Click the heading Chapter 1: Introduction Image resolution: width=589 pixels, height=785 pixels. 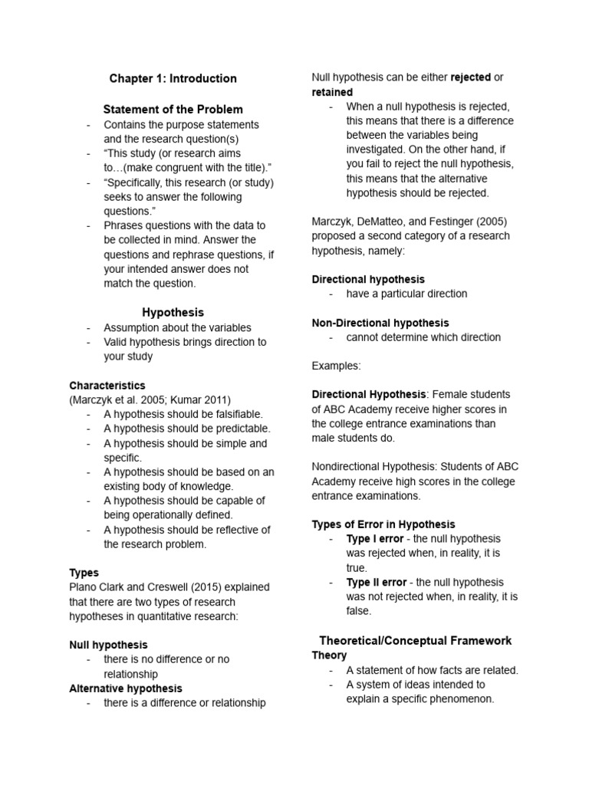point(173,78)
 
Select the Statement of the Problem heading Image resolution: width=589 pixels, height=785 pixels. point(173,109)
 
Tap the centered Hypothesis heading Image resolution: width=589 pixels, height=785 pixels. point(173,312)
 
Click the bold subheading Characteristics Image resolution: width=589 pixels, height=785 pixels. point(107,386)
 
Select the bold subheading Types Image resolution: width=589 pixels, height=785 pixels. point(84,573)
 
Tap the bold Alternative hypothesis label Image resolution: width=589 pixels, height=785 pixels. point(126,688)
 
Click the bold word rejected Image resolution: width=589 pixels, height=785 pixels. point(470,77)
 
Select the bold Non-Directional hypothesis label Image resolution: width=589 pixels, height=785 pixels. point(380,323)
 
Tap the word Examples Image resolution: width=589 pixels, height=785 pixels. point(336,366)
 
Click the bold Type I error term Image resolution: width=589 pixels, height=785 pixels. point(375,539)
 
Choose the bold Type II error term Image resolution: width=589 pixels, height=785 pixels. point(377,583)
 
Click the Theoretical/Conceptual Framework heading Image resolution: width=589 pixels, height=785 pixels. point(415,640)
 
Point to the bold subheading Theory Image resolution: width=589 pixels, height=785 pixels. point(329,655)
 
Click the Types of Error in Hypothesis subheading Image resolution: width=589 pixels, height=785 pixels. point(383,524)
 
